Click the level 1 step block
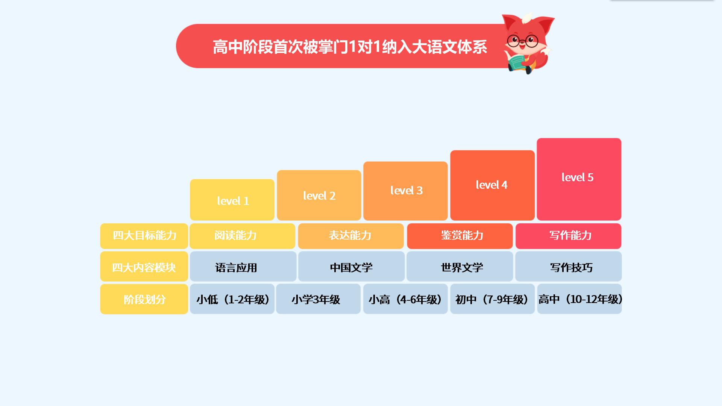[232, 200]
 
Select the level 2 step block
[319, 195]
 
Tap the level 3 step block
[405, 191]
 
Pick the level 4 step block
[492, 185]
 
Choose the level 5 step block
[579, 179]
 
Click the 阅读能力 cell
[243, 236]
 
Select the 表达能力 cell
[351, 236]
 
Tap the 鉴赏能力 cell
[460, 236]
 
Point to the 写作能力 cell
[569, 236]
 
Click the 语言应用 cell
[243, 267]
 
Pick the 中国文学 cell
[351, 267]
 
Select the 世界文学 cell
[460, 267]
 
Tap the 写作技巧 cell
[569, 267]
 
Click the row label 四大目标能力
[144, 236]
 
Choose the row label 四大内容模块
[144, 267]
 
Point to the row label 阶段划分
[144, 299]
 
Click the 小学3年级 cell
[319, 299]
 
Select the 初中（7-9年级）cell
[493, 299]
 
